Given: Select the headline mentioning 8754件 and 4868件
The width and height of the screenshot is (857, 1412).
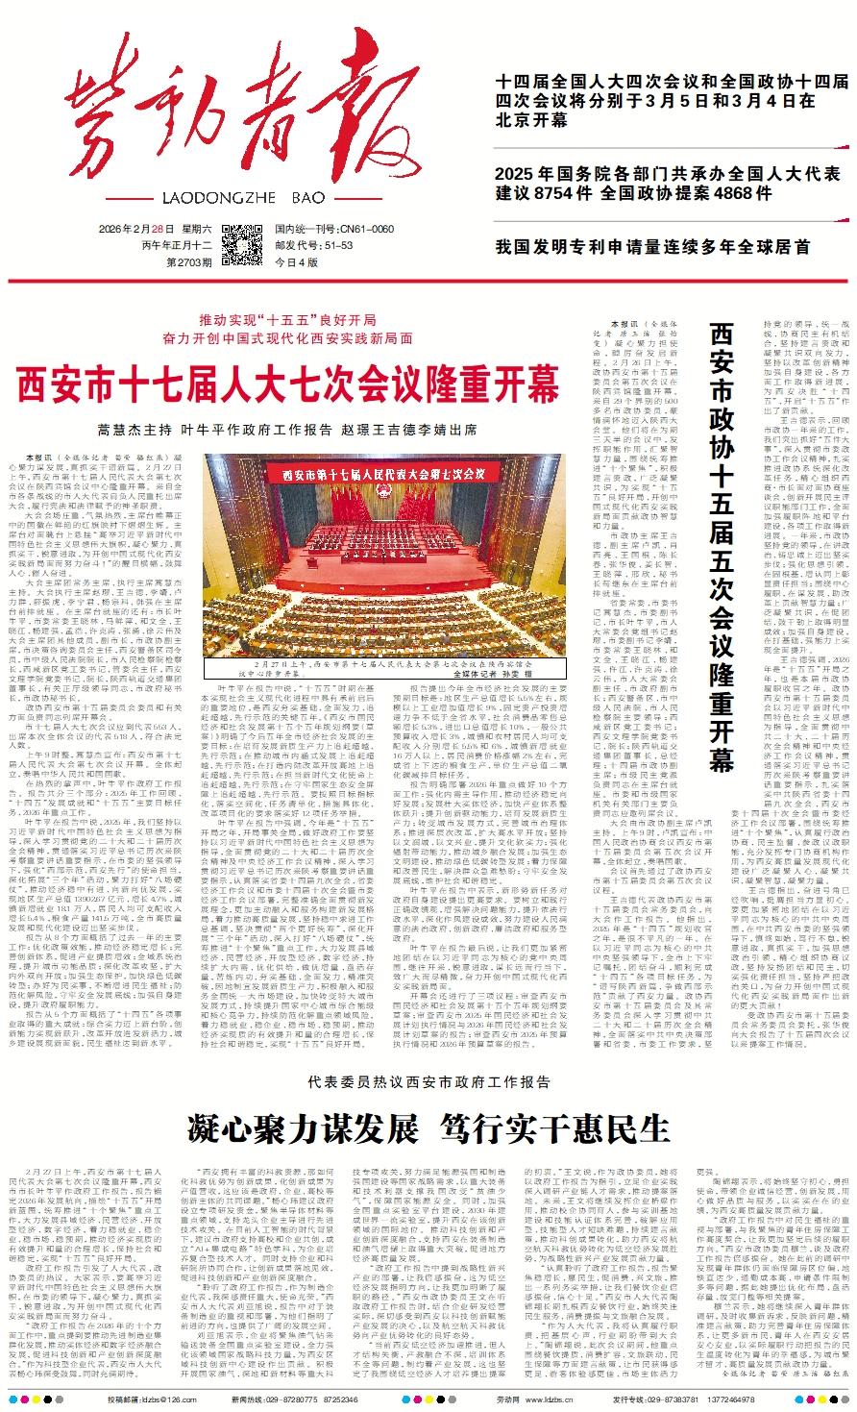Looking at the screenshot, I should coord(668,183).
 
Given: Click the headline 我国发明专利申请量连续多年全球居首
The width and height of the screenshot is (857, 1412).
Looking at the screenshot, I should coord(652,246).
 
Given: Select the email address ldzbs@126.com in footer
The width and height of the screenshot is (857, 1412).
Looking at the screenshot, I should coord(144,1400).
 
